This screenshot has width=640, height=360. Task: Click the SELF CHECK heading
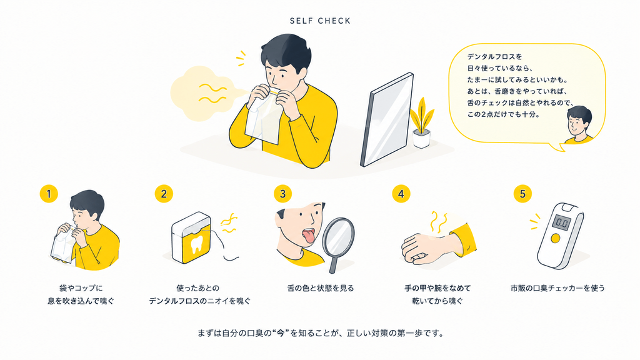coord(320,21)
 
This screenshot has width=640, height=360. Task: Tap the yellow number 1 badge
coord(49,194)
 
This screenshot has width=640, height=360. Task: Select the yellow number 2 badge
coord(164,194)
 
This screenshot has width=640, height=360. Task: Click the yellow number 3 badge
coord(283,194)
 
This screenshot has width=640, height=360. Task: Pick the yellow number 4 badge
coord(401,194)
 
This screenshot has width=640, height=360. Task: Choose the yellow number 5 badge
coord(522,194)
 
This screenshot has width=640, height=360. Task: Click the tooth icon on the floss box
coord(197,244)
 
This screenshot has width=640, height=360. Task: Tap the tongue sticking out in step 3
coord(307,236)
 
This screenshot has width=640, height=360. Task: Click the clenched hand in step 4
coord(421,246)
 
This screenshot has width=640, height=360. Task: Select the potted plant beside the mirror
coord(422,122)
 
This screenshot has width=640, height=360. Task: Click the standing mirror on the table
coord(387,119)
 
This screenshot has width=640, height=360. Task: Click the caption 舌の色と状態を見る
coord(321,288)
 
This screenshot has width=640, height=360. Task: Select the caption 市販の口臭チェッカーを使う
coord(557,288)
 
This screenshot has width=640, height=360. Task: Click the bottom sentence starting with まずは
coord(321,334)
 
